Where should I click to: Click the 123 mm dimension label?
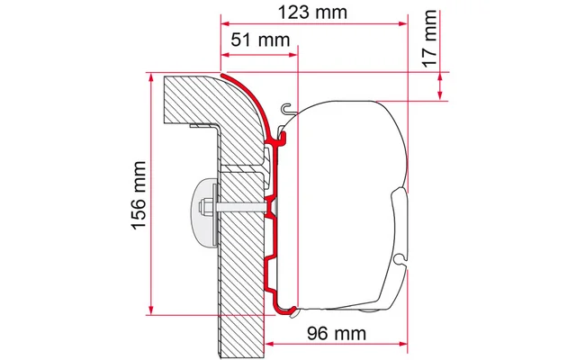(x=313, y=13)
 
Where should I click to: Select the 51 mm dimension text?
(x=255, y=40)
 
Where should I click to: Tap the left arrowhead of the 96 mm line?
(x=302, y=343)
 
